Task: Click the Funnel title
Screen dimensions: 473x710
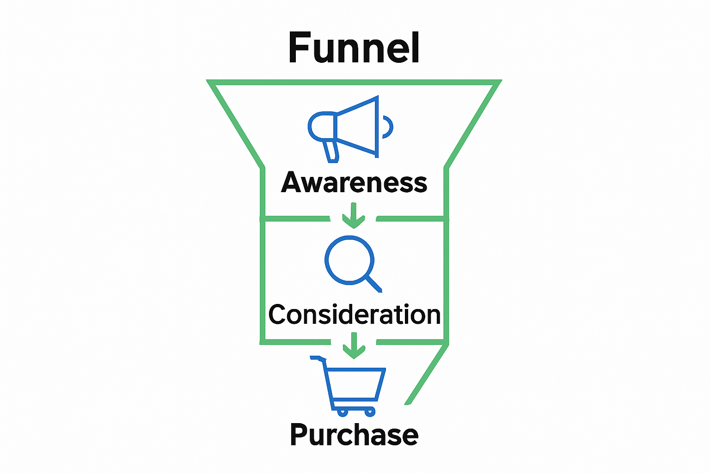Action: [354, 48]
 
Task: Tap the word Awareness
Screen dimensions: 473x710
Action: [354, 183]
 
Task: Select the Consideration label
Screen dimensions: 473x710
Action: [354, 315]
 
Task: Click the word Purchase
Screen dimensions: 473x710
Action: [354, 435]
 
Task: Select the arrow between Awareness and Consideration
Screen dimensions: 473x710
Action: [354, 216]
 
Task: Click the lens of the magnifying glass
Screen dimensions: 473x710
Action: [349, 259]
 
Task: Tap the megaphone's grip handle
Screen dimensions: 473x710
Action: [331, 151]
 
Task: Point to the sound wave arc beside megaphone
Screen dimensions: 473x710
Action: [388, 127]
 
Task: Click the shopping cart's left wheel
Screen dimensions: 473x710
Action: [342, 411]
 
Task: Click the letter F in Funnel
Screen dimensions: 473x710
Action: [299, 48]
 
